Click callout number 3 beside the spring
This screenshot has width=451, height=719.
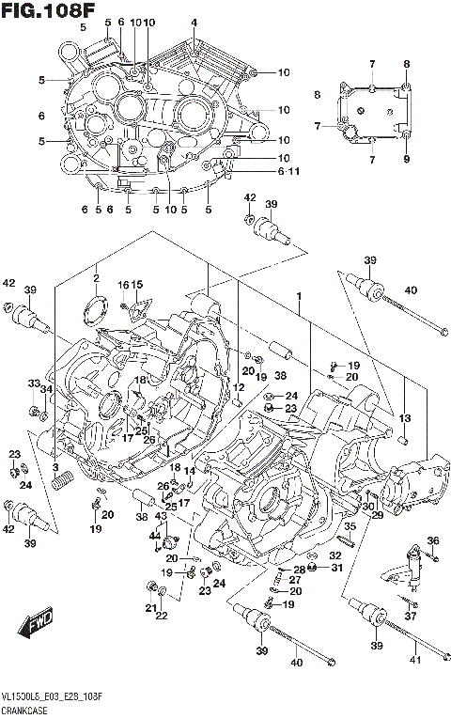tap(55, 468)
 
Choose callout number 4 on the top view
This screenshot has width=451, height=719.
tap(194, 23)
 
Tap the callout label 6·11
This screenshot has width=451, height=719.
tap(262, 171)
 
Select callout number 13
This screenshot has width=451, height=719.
tap(405, 418)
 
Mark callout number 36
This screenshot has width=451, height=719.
tap(432, 539)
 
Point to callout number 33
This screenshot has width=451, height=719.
tap(33, 383)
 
